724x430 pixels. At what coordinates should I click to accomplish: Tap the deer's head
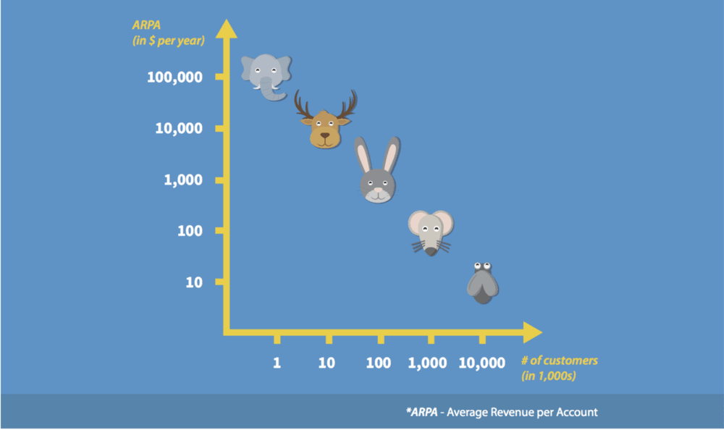[x=325, y=130]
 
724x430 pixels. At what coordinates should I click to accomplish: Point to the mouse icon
[x=430, y=232]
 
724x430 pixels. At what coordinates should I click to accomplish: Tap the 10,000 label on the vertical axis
[x=179, y=128]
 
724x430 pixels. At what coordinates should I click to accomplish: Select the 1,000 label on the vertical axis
[x=182, y=180]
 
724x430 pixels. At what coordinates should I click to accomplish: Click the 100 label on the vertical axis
[x=190, y=231]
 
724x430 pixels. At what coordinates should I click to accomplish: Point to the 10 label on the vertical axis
[x=194, y=282]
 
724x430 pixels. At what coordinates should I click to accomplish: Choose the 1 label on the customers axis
[x=277, y=363]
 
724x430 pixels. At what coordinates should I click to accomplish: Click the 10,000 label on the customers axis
[x=482, y=363]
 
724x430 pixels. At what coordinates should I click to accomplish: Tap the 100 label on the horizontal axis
[x=378, y=363]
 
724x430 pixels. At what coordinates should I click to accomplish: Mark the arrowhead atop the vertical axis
[x=227, y=29]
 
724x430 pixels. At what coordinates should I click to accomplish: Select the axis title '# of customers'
[x=560, y=361]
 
